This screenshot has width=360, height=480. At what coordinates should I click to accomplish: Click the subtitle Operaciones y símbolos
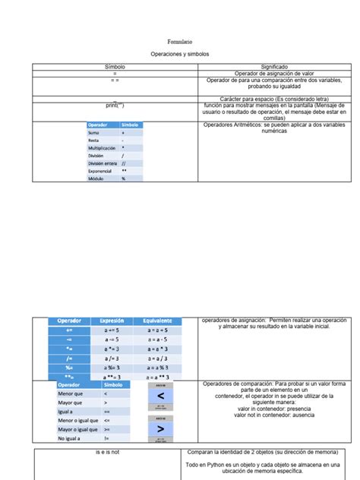[179, 55]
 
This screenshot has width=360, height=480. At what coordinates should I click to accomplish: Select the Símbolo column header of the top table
[115, 67]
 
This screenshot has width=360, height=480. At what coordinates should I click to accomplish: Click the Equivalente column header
[159, 321]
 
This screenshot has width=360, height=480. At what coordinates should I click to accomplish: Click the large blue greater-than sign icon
[160, 429]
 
